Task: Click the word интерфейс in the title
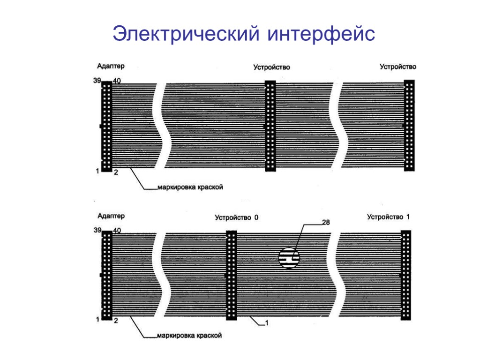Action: pyautogui.click(x=322, y=34)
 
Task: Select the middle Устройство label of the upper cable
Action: pyautogui.click(x=271, y=67)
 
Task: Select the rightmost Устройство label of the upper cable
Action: pyautogui.click(x=397, y=67)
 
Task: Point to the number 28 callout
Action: pyautogui.click(x=325, y=223)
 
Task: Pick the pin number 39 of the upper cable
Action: pyautogui.click(x=97, y=81)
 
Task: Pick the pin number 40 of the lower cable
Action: pyautogui.click(x=117, y=230)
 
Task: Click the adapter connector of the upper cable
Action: pyautogui.click(x=107, y=126)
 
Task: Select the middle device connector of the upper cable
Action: pyautogui.click(x=270, y=126)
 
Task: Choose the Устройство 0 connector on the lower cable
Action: pyautogui.click(x=232, y=275)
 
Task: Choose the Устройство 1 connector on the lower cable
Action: pyautogui.click(x=406, y=275)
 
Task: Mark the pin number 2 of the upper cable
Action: pyautogui.click(x=115, y=172)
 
